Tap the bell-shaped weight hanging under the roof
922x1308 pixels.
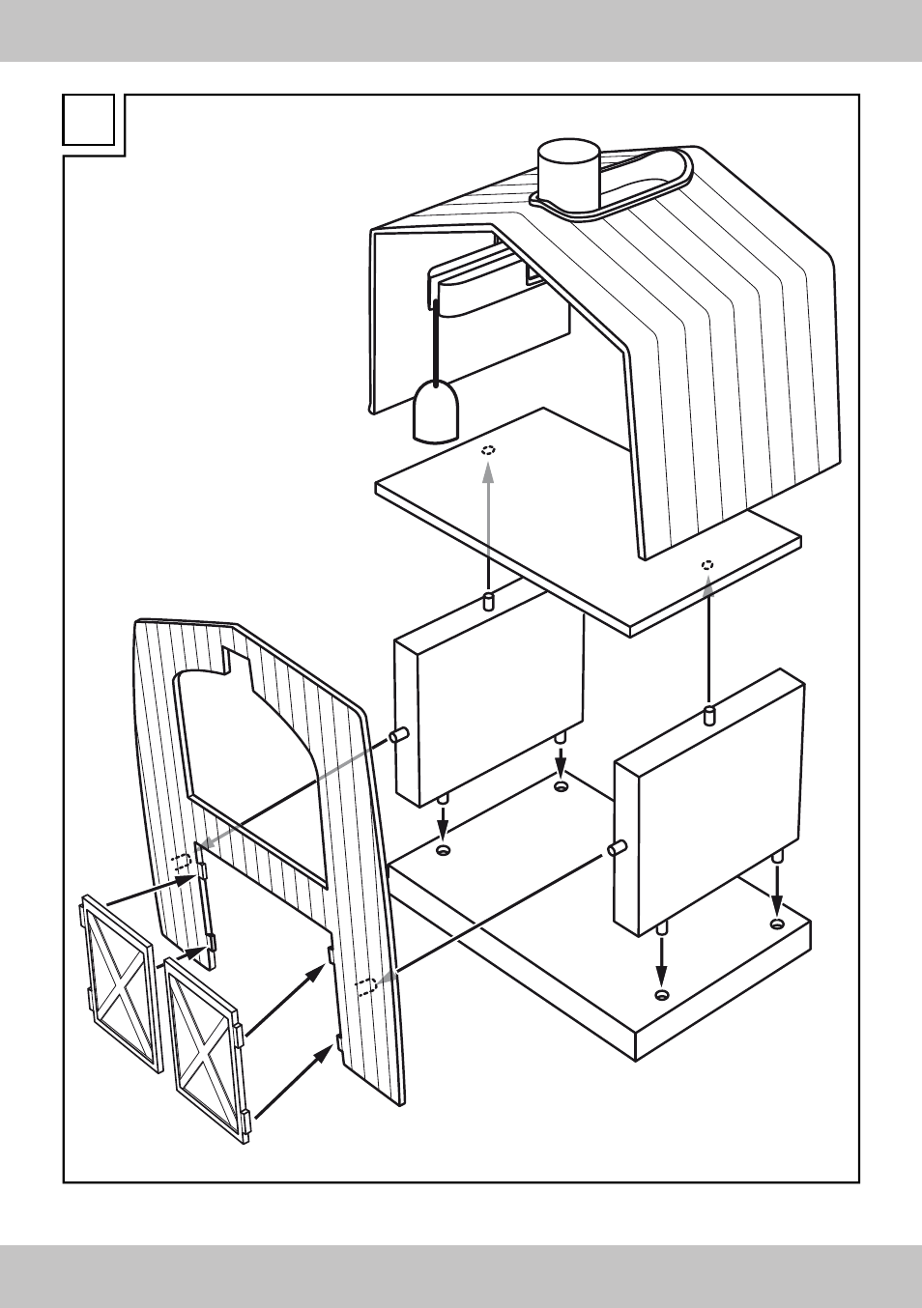437,412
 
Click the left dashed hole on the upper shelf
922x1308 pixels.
489,450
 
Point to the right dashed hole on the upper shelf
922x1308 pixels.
707,565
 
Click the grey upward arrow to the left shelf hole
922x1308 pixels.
488,522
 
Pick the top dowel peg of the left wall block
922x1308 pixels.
488,603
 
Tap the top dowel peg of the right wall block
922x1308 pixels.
708,716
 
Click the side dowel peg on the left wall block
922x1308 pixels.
400,736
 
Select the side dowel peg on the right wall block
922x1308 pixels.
616,848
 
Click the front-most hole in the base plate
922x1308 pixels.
661,995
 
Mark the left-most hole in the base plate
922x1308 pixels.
444,850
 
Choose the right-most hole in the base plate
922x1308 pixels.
777,924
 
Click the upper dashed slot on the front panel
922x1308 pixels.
181,863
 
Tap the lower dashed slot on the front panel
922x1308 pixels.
365,986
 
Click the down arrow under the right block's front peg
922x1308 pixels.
661,956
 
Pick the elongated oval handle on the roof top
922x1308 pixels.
646,180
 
